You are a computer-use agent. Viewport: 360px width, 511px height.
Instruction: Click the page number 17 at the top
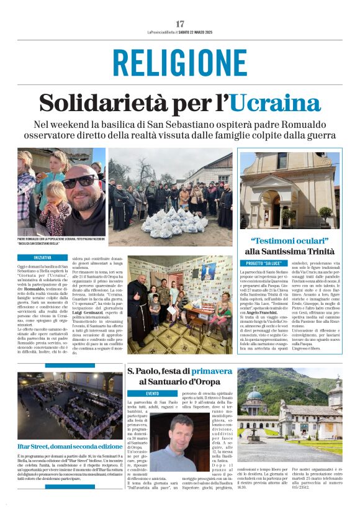click(x=180, y=24)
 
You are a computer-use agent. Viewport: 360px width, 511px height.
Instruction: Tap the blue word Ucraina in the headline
click(x=275, y=102)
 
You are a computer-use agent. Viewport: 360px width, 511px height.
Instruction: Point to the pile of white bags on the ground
click(x=171, y=222)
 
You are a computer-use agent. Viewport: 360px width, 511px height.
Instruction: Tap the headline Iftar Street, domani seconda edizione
click(x=70, y=446)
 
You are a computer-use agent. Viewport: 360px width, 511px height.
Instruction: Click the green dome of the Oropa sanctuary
click(x=255, y=394)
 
